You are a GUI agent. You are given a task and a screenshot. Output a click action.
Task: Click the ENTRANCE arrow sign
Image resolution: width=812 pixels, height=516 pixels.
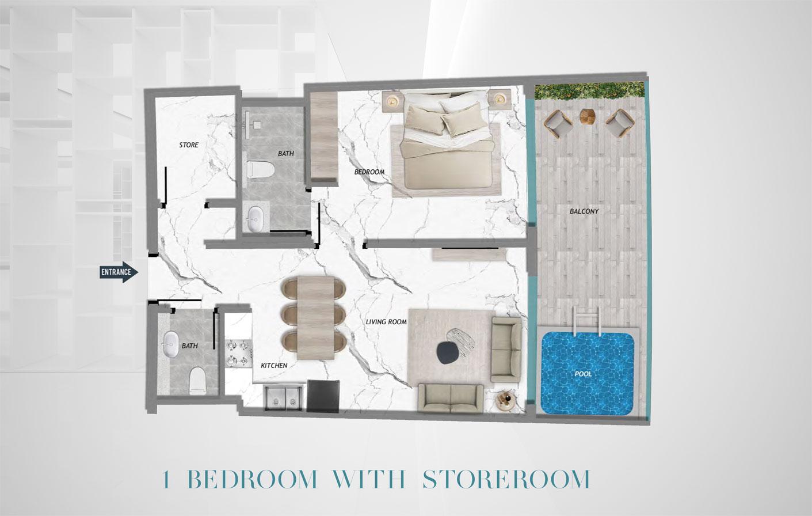coord(119,272)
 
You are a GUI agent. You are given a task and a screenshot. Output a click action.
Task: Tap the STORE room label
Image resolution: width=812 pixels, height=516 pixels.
coord(189,145)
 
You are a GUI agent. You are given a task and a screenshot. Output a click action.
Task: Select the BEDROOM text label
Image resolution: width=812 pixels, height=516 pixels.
coord(369,172)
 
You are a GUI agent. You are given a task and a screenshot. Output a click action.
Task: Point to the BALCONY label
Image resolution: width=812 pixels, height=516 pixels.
coord(584,211)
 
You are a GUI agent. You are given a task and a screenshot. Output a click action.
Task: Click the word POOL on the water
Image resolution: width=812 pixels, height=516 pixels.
coord(584,374)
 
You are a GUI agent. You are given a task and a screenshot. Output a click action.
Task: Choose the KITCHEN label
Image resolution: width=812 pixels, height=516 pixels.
coord(274,366)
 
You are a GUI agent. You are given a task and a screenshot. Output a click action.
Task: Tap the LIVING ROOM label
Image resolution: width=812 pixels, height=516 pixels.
coord(386,322)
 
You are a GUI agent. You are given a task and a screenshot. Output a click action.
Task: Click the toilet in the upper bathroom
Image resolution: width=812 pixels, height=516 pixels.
coord(260,170)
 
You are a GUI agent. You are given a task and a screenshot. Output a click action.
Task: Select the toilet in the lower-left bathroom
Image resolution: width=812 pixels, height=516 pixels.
coord(197,381)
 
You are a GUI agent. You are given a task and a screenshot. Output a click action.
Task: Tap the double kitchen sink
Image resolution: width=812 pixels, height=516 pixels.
coord(283,397)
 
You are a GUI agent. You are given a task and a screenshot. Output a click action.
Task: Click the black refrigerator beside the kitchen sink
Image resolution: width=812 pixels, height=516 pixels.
coord(323,396)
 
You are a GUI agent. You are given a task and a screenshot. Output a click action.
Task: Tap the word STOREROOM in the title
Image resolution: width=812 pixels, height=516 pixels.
coord(506,479)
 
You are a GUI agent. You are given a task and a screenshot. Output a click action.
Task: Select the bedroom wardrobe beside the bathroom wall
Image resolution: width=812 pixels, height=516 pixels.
coord(324,139)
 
